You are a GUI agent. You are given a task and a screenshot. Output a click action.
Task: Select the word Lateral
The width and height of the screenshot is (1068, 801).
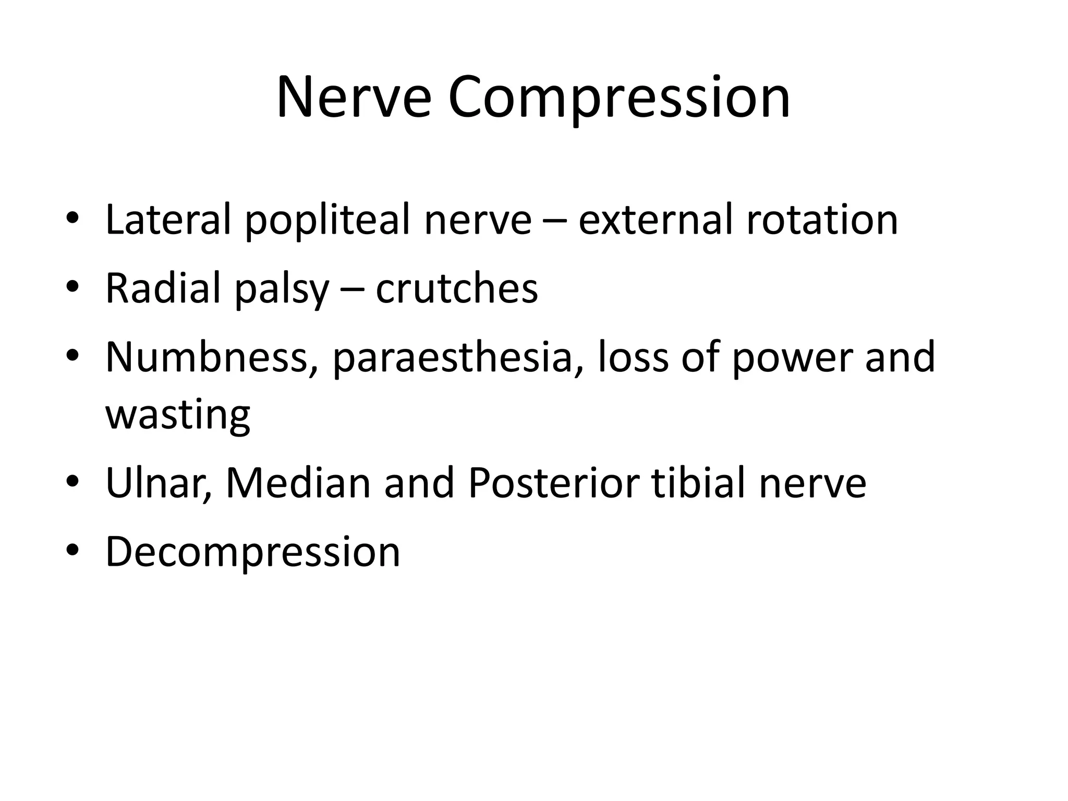pos(168,220)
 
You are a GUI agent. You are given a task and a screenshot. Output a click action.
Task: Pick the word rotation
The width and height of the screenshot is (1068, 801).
pos(822,220)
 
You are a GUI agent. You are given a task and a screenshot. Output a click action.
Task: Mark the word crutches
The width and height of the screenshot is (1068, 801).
pos(457,288)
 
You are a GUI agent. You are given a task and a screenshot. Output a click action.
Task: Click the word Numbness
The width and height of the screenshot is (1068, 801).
pos(205,357)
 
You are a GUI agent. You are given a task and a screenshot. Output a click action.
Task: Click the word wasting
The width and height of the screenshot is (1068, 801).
pos(178,416)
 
